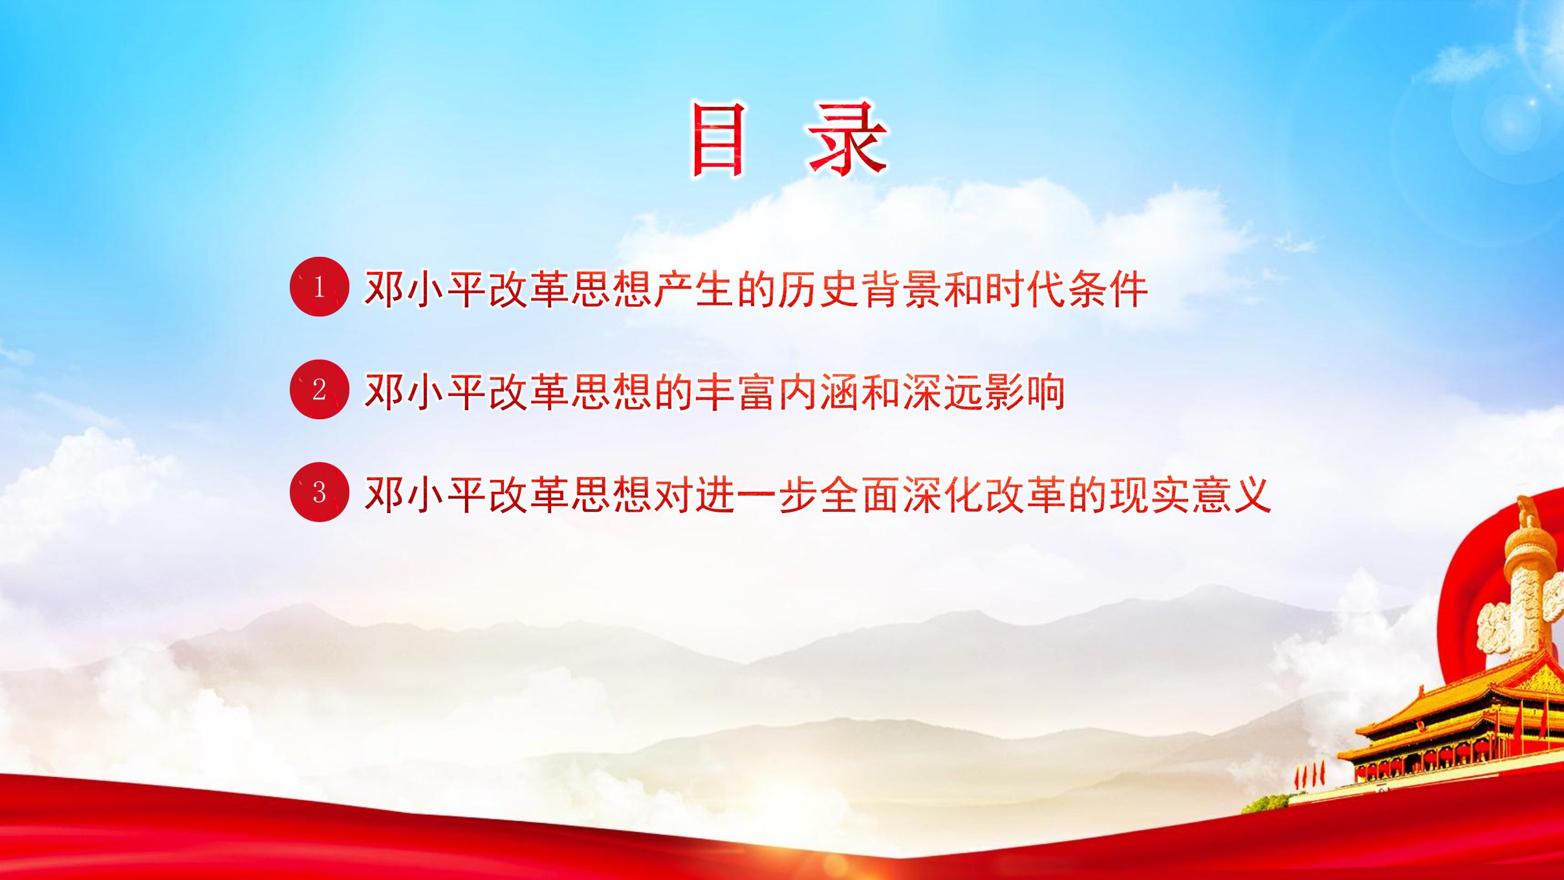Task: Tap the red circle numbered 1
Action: point(319,287)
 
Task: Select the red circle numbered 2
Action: point(319,390)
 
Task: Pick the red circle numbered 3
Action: point(319,492)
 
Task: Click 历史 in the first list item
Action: point(818,289)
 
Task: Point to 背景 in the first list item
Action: point(901,289)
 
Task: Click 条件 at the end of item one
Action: point(1108,289)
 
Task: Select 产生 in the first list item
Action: point(694,289)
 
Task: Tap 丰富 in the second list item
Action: point(735,391)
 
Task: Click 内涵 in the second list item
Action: point(818,391)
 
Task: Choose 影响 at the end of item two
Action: point(1025,391)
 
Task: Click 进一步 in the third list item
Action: point(756,494)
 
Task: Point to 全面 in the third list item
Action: point(860,494)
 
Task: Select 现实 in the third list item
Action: point(1149,494)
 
